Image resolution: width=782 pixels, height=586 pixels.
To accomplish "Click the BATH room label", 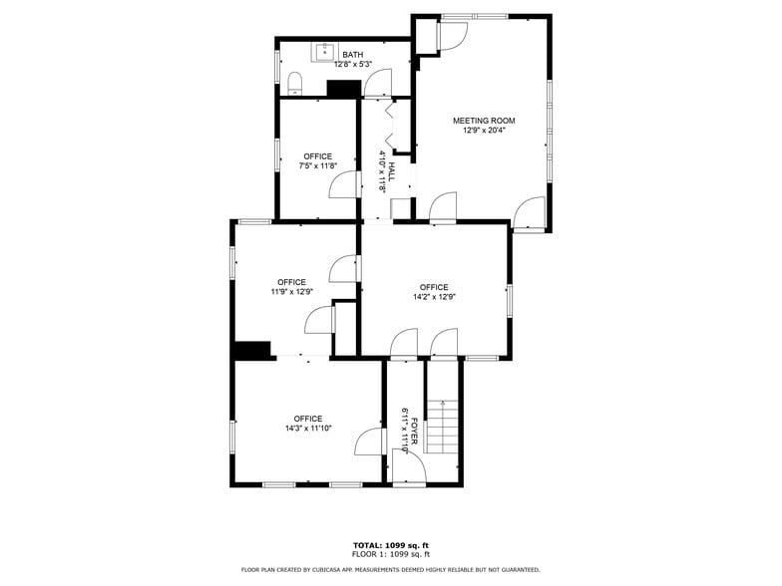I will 352,55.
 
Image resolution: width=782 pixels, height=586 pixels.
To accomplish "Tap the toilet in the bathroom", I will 294,83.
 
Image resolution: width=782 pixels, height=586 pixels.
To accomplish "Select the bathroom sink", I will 326,51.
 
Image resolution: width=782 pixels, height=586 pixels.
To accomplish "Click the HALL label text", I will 392,170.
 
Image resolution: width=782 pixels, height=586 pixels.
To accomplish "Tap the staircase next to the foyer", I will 442,424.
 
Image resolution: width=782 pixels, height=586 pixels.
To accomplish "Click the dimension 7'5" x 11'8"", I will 319,166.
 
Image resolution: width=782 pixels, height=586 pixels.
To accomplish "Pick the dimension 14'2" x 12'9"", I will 434,297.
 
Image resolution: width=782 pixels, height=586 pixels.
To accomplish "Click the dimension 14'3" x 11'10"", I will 307,429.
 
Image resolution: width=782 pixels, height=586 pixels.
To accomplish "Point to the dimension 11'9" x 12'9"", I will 292,292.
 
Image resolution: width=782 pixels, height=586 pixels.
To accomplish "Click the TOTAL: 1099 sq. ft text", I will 390,545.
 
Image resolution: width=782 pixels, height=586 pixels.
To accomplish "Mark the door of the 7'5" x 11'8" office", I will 344,185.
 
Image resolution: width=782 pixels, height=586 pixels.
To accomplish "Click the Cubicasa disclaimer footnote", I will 390,570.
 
